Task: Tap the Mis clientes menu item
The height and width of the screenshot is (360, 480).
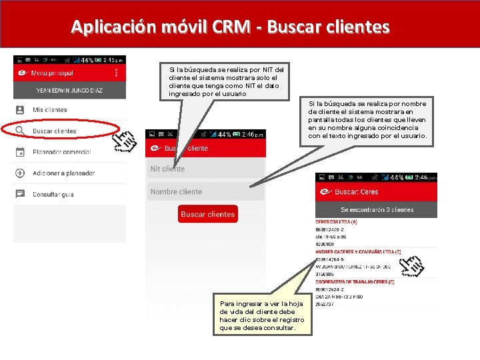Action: (x=50, y=109)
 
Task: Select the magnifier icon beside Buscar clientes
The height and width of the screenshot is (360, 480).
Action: (x=20, y=131)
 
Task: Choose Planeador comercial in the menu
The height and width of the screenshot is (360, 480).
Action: (x=61, y=152)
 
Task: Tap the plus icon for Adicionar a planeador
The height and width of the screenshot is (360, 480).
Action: (x=20, y=173)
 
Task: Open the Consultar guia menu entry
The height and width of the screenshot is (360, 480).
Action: (x=53, y=195)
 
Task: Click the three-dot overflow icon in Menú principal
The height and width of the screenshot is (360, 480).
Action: (x=117, y=73)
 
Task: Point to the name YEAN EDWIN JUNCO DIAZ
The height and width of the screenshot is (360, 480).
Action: (x=69, y=91)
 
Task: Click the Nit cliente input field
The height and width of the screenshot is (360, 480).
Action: (x=206, y=169)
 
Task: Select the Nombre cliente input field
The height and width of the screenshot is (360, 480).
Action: (x=206, y=191)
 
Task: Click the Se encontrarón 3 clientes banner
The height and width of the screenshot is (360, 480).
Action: (x=376, y=209)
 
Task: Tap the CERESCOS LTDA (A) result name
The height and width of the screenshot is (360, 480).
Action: (x=337, y=222)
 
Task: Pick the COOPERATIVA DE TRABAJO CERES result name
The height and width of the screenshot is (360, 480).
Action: (x=355, y=282)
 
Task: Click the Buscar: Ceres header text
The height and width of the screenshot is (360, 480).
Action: (x=356, y=192)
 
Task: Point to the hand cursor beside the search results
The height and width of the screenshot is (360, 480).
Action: (x=411, y=265)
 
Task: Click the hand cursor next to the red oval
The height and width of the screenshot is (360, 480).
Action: (x=125, y=141)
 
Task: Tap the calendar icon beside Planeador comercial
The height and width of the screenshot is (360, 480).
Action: (x=20, y=152)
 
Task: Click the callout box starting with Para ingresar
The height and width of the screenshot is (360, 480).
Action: (x=262, y=315)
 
